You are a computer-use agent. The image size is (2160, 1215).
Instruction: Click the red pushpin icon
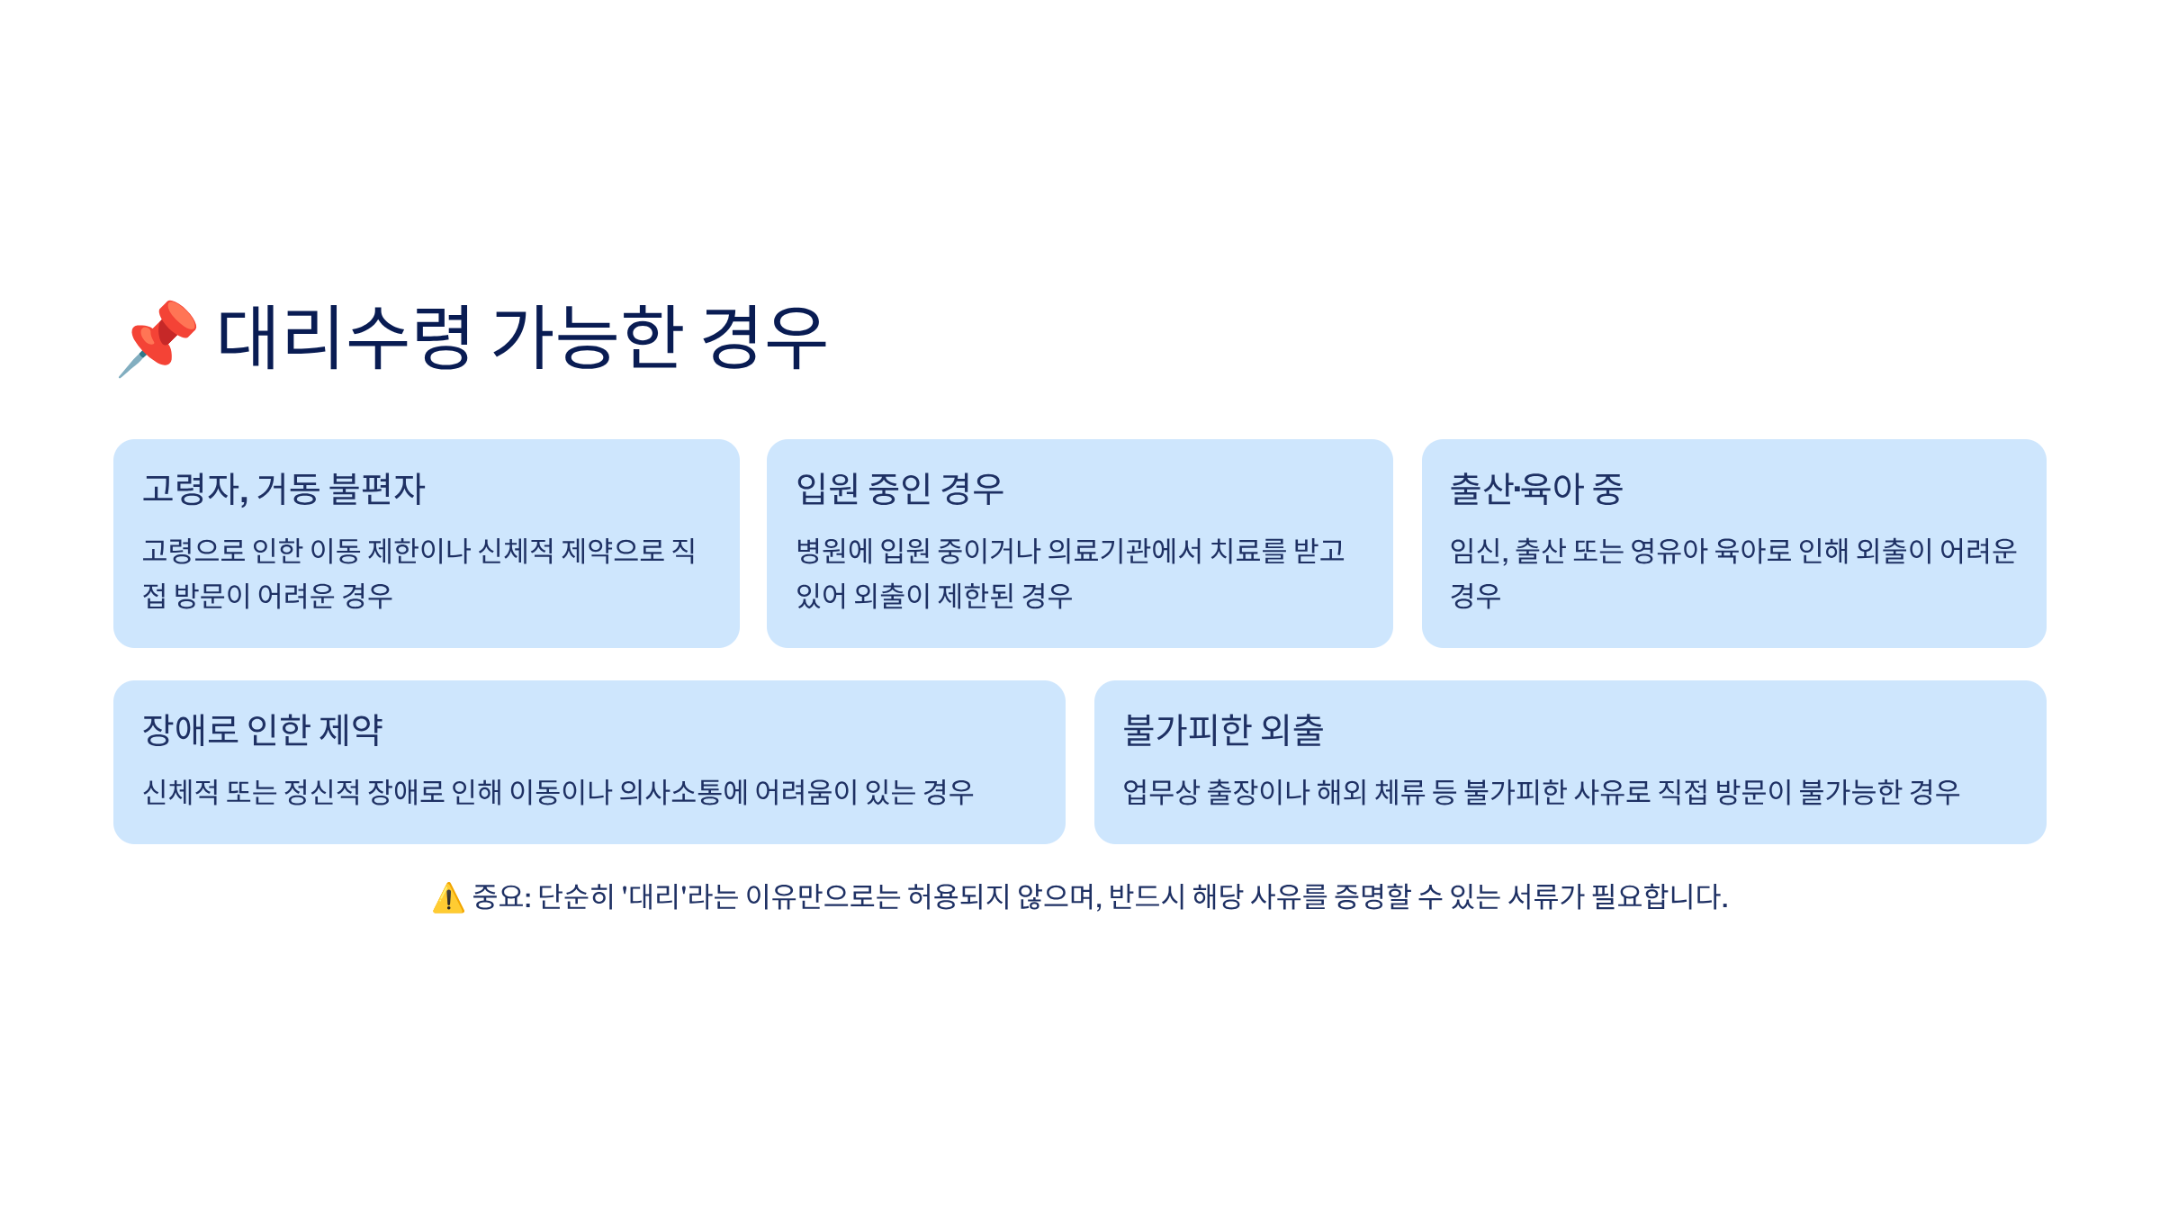pyautogui.click(x=158, y=337)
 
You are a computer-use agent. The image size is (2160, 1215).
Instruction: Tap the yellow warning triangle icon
pyautogui.click(x=448, y=898)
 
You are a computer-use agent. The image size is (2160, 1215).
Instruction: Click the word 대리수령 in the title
pyautogui.click(x=344, y=337)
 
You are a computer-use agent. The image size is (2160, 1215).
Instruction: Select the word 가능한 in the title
pyautogui.click(x=586, y=337)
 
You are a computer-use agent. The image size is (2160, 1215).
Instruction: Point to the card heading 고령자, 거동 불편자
pyautogui.click(x=283, y=490)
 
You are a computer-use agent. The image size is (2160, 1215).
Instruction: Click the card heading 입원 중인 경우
pyautogui.click(x=899, y=490)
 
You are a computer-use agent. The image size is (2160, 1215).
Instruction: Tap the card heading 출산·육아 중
pyautogui.click(x=1536, y=490)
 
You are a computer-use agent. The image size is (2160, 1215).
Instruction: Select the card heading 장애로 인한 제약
pyautogui.click(x=263, y=730)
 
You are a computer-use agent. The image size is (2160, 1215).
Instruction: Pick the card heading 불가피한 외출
pyautogui.click(x=1223, y=730)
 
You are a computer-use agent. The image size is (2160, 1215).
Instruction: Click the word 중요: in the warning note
pyautogui.click(x=501, y=897)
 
